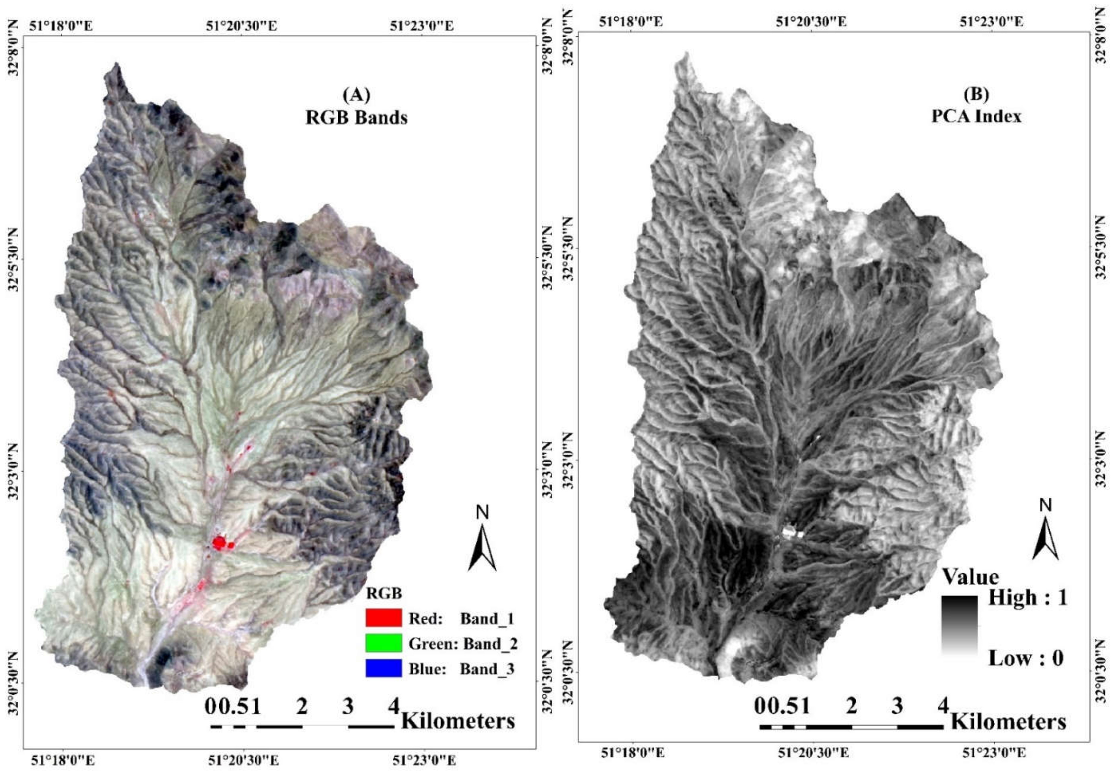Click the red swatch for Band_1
(x=383, y=618)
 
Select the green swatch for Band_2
(x=383, y=643)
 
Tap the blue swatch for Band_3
(x=383, y=668)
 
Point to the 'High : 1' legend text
(x=1028, y=597)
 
